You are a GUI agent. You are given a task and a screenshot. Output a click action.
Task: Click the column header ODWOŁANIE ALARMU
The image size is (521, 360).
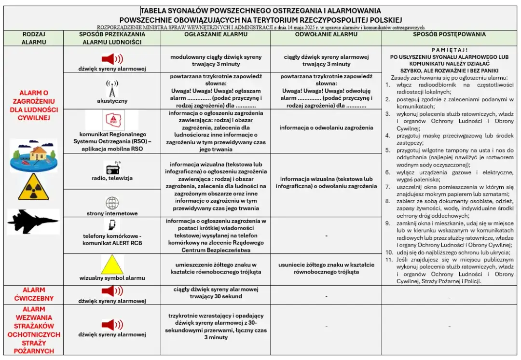tap(326, 35)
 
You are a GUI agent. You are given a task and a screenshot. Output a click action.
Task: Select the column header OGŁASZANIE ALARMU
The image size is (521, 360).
tap(216, 35)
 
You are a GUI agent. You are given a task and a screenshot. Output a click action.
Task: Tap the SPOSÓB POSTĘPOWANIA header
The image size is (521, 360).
tap(449, 35)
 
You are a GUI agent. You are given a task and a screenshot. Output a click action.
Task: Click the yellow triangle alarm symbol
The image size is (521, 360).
tap(112, 264)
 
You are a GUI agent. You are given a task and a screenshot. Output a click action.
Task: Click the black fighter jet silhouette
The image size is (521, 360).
tap(33, 222)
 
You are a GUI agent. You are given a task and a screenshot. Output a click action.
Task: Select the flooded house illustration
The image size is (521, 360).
tap(33, 156)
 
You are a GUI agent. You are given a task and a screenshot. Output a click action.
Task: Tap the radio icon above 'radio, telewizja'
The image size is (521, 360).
tap(112, 169)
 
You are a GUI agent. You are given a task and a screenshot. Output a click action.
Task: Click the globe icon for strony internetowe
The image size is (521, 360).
tap(112, 203)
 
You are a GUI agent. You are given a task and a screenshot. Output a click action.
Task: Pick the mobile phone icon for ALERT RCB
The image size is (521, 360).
tap(112, 225)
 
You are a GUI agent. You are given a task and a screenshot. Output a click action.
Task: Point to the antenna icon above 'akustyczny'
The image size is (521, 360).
tap(112, 89)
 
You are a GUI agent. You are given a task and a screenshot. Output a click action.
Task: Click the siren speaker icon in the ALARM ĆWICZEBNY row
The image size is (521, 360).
tap(112, 291)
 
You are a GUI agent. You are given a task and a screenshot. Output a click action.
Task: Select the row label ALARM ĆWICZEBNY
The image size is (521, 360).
tap(33, 294)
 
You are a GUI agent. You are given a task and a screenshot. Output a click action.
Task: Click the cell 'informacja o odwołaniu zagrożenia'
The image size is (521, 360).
tap(326, 128)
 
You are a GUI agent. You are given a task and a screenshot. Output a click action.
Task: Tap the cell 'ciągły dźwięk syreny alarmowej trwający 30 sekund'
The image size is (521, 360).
tap(216, 293)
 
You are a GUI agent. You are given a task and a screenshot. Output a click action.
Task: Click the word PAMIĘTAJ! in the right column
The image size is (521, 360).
tap(449, 50)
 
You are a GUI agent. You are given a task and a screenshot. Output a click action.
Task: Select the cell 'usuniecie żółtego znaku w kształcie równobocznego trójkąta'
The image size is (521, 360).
tap(326, 268)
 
